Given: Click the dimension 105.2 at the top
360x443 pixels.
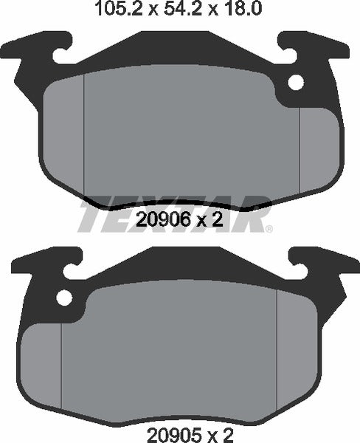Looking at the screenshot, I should [111, 10].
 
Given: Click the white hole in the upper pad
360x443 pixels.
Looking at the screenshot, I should [296, 83].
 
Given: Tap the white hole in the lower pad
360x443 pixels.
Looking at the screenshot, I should [65, 298].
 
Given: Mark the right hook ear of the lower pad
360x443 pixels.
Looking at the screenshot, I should [317, 262].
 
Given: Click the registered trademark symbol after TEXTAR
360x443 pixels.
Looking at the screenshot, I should [269, 228].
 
